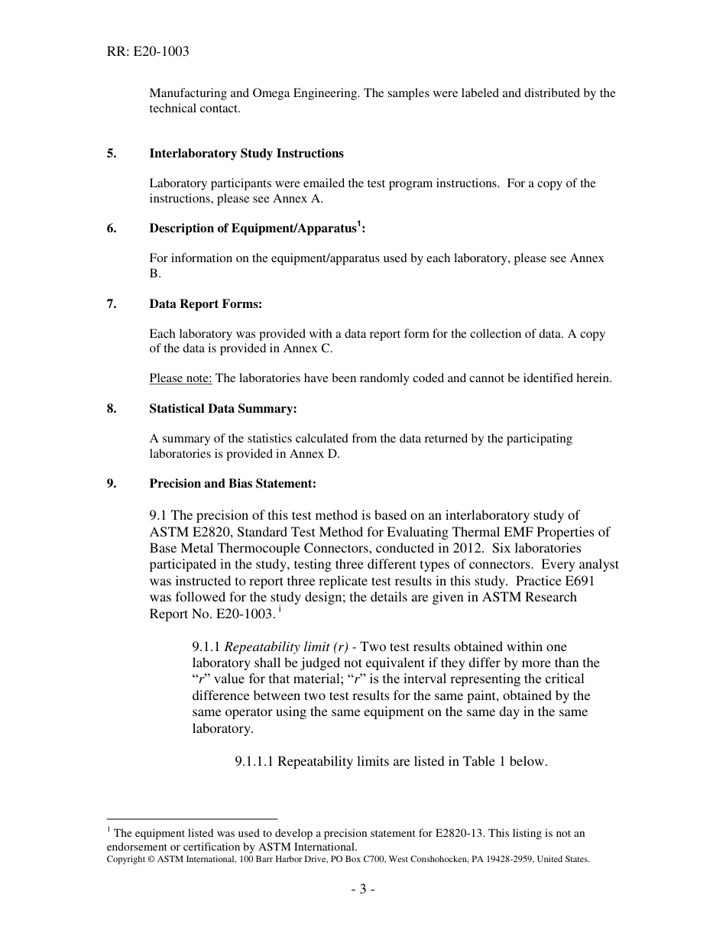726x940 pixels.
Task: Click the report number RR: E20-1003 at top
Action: pyautogui.click(x=147, y=52)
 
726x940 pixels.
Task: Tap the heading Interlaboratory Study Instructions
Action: pyautogui.click(x=246, y=154)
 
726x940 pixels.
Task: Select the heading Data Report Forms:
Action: pyautogui.click(x=206, y=304)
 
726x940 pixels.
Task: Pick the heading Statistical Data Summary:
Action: pyautogui.click(x=222, y=409)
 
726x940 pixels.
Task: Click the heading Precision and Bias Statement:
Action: pyautogui.click(x=232, y=484)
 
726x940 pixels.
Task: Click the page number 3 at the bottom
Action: pyautogui.click(x=362, y=890)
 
